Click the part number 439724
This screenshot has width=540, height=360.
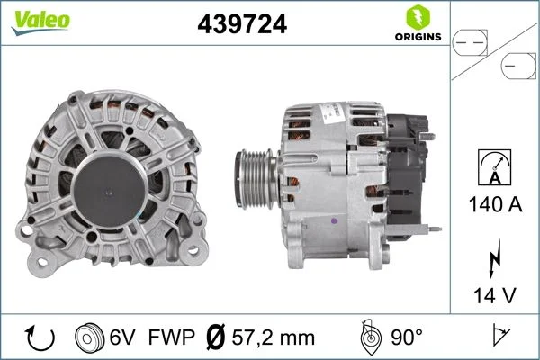(240, 25)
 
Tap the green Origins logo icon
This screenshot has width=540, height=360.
(418, 17)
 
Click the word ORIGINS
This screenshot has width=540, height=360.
(418, 37)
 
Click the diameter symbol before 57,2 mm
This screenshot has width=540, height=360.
(216, 337)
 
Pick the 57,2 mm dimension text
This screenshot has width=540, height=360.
(273, 337)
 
